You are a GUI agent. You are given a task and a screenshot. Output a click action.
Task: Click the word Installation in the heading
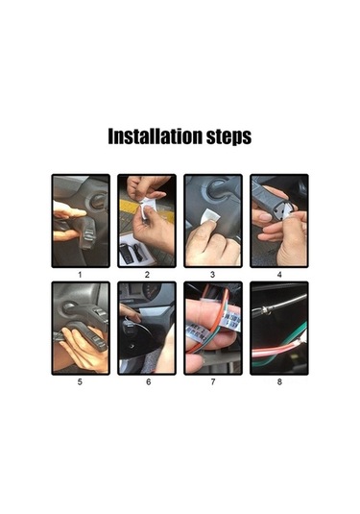[x=155, y=136]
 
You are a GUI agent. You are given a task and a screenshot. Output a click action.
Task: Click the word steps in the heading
[x=229, y=137]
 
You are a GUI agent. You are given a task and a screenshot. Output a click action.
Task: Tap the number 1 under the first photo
[x=80, y=275]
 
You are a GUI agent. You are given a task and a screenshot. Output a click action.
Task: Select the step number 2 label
[x=147, y=275]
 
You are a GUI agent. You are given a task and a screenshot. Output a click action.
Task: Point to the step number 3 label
[x=212, y=275]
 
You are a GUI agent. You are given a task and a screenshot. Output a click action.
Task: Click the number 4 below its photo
[x=279, y=275]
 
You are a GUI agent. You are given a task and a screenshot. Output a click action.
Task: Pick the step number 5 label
[x=80, y=381]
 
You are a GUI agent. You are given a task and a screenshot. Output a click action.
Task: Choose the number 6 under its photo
[x=149, y=381]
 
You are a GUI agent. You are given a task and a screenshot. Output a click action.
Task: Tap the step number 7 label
[x=213, y=381]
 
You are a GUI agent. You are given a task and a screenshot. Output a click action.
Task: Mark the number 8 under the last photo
[x=279, y=381]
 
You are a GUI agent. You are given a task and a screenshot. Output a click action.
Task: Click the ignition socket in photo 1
[x=98, y=201]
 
